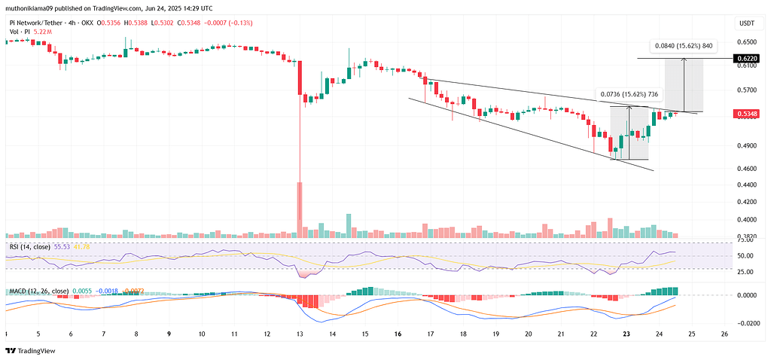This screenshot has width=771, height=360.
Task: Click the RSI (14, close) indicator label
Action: point(30,246)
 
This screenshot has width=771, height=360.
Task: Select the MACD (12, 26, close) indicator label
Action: point(38,291)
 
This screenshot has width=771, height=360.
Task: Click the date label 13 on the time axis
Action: point(299,333)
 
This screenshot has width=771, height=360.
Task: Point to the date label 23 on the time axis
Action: point(626,333)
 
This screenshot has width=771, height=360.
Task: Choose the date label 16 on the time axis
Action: point(397,333)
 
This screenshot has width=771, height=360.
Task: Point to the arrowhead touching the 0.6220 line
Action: point(684,61)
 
